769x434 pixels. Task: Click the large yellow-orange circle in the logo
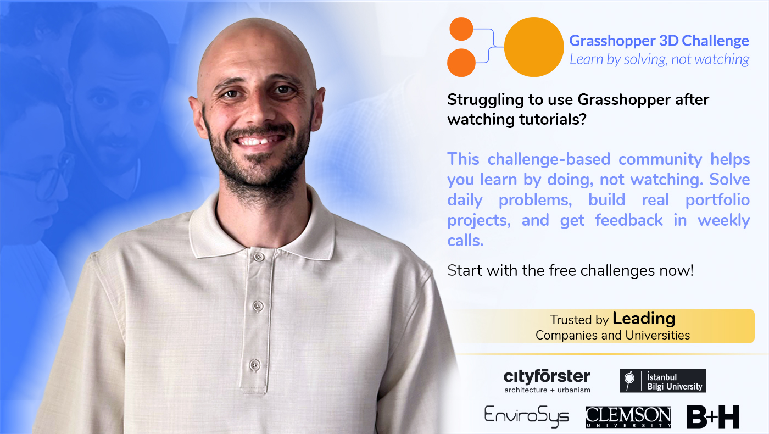(534, 47)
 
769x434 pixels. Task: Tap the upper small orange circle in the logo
(461, 29)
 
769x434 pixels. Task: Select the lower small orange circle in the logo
(461, 63)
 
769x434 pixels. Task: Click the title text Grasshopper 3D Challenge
(659, 41)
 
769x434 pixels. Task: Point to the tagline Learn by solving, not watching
(659, 59)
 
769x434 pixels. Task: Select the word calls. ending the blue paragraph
(465, 241)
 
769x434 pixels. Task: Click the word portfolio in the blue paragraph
(717, 201)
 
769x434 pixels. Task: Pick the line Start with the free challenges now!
(570, 270)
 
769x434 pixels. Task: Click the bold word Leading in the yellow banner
(644, 319)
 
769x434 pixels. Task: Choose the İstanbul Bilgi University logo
(663, 381)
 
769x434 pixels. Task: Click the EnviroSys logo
(526, 416)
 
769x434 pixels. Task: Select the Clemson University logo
(628, 417)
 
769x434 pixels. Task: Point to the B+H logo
(713, 417)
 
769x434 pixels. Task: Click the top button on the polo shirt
(258, 257)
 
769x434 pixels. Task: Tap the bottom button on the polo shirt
(254, 365)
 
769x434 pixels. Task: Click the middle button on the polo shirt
(258, 305)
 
